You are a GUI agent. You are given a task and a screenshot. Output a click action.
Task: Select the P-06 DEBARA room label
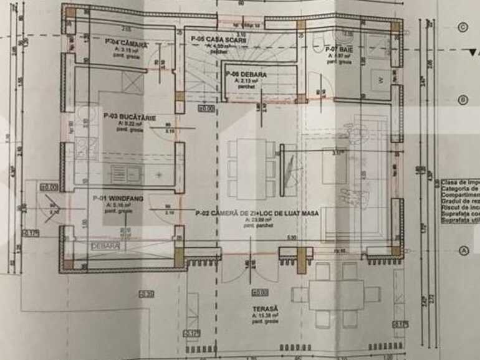(x=246, y=75)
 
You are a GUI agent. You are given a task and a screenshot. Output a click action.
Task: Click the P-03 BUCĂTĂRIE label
(x=130, y=116)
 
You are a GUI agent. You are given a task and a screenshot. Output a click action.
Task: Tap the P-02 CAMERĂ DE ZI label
(x=257, y=213)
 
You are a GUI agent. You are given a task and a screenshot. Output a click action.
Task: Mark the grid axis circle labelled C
(x=463, y=27)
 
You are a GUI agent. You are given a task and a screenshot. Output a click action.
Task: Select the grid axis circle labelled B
(x=463, y=100)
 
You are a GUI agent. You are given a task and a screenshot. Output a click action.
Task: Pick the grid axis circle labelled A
(x=463, y=250)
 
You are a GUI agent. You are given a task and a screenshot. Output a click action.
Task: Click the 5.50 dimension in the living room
(x=292, y=237)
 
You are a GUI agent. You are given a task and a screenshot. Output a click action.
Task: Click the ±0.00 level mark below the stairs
(x=206, y=108)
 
